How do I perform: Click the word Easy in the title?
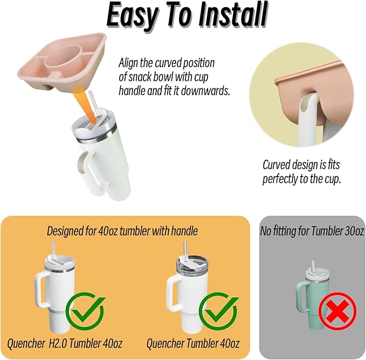coord(132,16)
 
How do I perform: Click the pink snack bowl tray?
coord(62,61)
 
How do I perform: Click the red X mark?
coord(337,311)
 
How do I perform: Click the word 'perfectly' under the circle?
coord(280,180)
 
